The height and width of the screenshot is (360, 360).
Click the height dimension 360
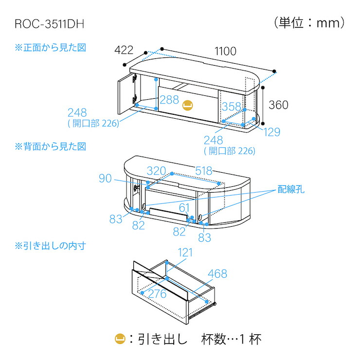pyautogui.click(x=278, y=105)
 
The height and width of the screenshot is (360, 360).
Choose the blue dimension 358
pyautogui.click(x=231, y=107)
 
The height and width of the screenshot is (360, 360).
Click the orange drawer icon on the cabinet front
pyautogui.click(x=187, y=105)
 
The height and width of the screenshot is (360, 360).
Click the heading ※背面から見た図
pyautogui.click(x=51, y=146)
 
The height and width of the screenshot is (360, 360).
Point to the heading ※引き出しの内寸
pyautogui.click(x=51, y=246)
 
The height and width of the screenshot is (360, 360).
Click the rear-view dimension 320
pyautogui.click(x=157, y=171)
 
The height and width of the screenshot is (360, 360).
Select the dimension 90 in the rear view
pyautogui.click(x=106, y=179)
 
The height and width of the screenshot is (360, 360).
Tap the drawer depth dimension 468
pyautogui.click(x=217, y=274)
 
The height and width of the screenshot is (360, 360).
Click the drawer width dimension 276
pyautogui.click(x=157, y=294)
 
